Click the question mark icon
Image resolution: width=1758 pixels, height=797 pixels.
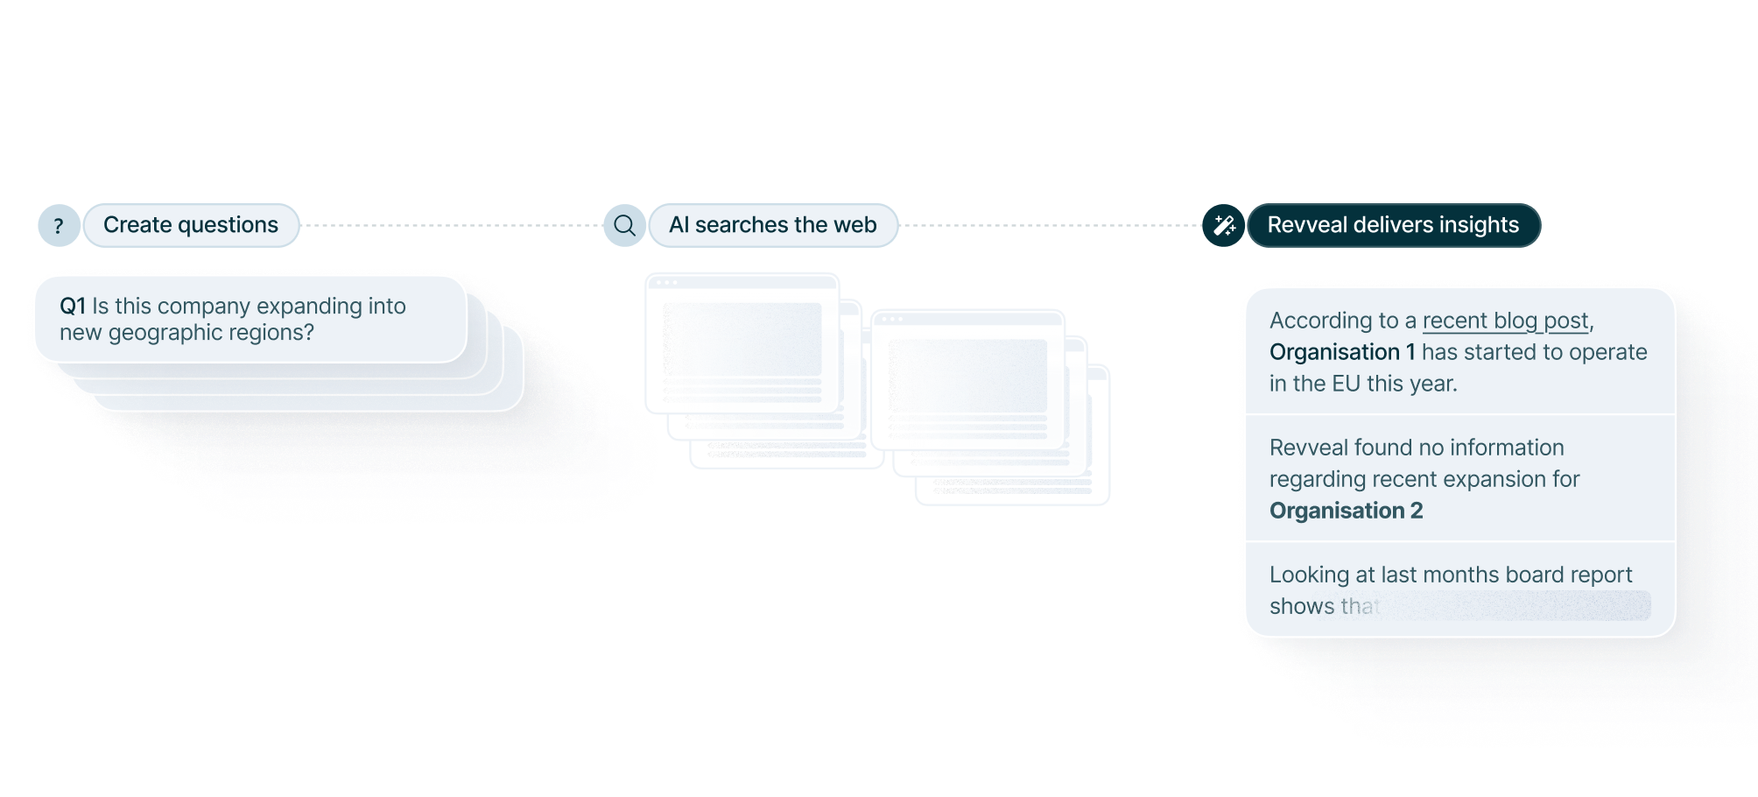(x=59, y=226)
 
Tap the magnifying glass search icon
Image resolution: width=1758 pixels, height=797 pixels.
(x=624, y=226)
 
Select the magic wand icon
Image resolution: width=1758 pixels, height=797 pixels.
(x=1224, y=226)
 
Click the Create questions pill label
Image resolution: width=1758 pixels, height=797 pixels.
(x=191, y=225)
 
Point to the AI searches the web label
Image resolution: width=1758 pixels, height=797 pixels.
(x=772, y=225)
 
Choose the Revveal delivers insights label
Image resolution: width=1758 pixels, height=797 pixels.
(x=1393, y=225)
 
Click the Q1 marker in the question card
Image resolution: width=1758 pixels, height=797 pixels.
(x=73, y=307)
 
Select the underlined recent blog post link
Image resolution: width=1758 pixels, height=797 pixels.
(x=1505, y=321)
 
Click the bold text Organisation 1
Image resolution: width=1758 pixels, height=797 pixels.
(x=1342, y=352)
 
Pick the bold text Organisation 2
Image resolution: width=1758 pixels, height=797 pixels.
(x=1346, y=511)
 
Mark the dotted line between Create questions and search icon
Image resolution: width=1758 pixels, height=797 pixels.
(x=451, y=226)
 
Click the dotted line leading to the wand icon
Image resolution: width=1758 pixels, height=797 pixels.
(x=1051, y=226)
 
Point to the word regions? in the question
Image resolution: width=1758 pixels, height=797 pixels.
(x=271, y=333)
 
